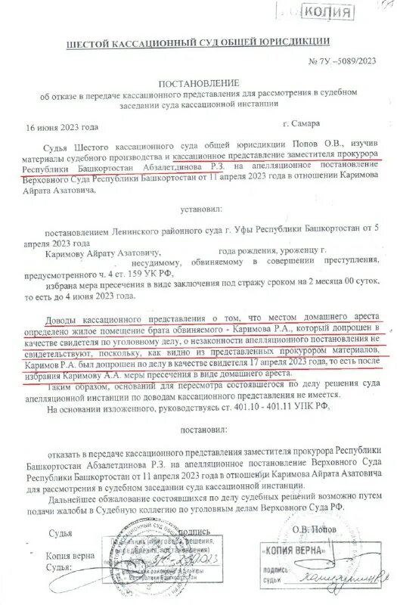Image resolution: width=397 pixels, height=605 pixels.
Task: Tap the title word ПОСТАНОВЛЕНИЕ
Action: click(198, 82)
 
